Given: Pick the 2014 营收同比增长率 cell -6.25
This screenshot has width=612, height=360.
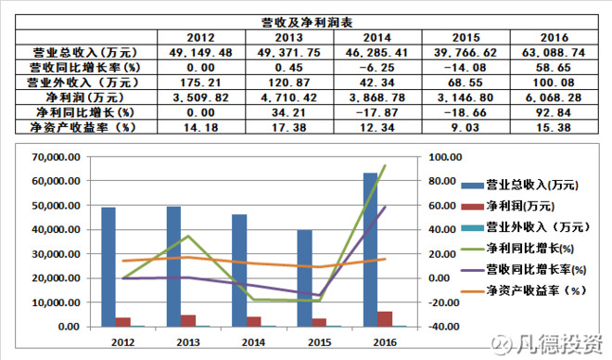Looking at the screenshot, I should click(376, 68).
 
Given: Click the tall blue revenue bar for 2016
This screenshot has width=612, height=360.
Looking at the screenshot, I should click(370, 250).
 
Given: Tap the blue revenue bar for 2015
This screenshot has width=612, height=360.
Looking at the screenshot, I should click(305, 278).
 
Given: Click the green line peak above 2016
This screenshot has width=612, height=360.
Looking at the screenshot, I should click(385, 166).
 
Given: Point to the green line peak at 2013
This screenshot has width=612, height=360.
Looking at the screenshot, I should click(187, 237).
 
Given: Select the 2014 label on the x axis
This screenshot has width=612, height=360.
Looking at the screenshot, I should click(253, 342).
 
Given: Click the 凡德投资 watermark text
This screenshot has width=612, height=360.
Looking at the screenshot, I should click(561, 344).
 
